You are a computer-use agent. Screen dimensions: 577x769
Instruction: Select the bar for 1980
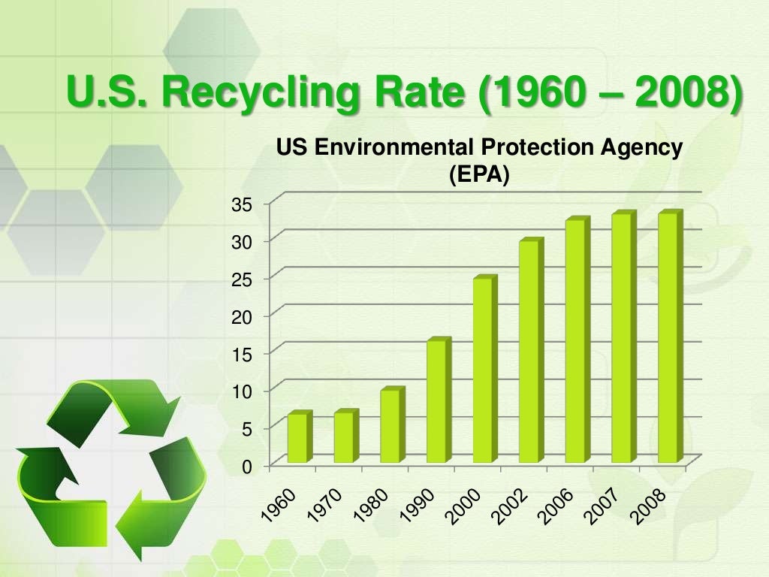(x=391, y=426)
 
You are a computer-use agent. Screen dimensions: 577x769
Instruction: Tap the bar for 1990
(x=437, y=401)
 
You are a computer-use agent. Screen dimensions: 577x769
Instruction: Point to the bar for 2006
(x=576, y=341)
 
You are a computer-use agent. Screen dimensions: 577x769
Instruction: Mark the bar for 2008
(x=668, y=338)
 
